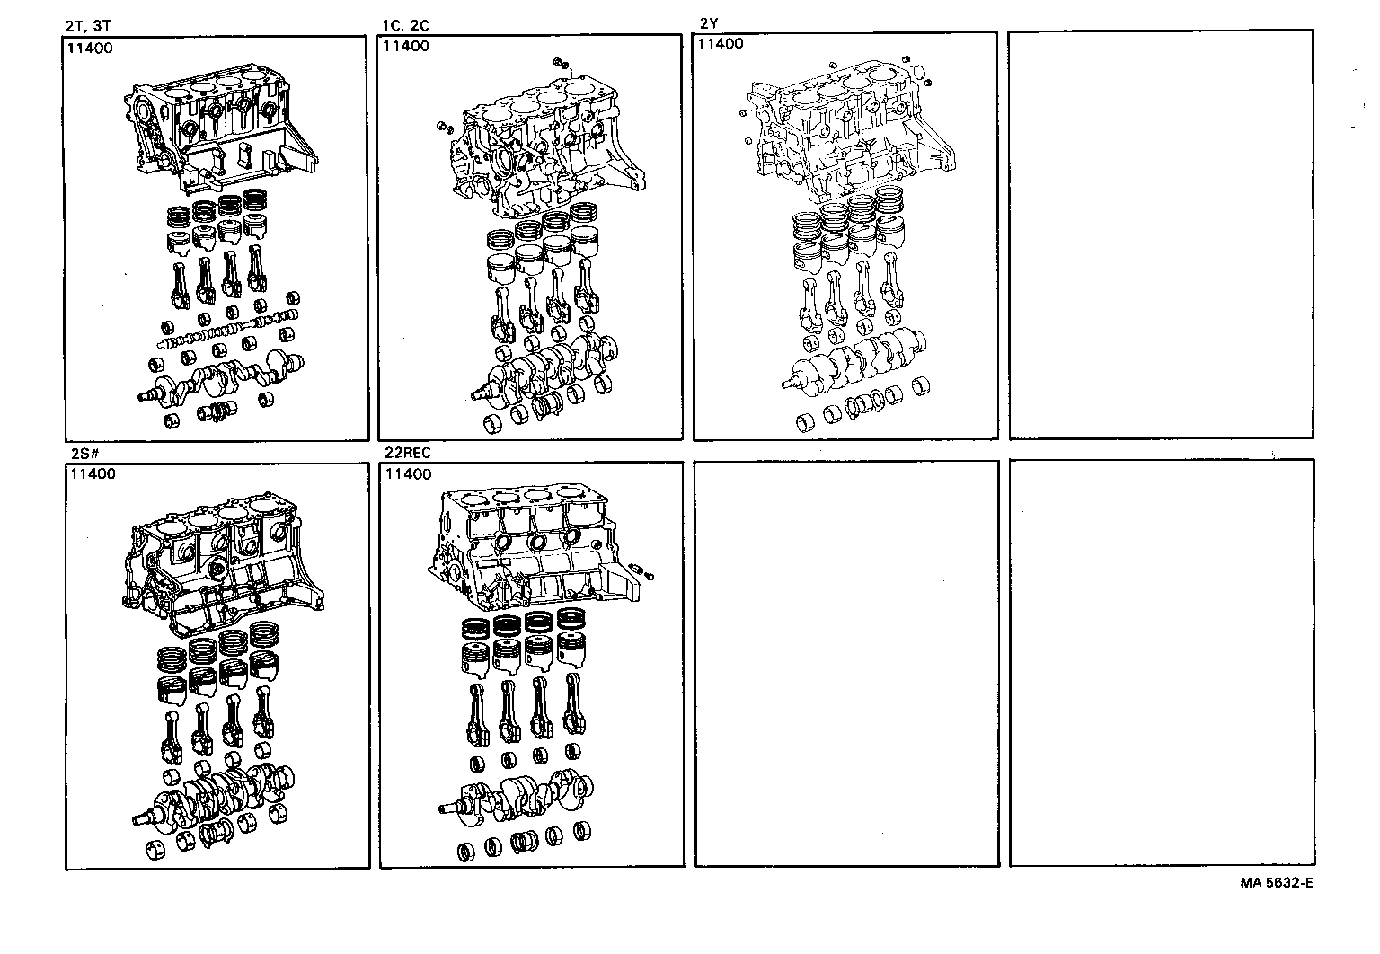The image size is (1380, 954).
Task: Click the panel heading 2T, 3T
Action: (88, 26)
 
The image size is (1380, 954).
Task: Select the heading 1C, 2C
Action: (405, 26)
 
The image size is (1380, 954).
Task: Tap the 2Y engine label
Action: (709, 23)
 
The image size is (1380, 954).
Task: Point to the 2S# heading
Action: (84, 454)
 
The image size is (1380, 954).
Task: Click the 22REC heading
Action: (407, 454)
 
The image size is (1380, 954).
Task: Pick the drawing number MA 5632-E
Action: (1276, 882)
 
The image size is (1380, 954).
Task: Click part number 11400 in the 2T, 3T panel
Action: (91, 49)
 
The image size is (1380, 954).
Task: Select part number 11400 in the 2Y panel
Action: (721, 44)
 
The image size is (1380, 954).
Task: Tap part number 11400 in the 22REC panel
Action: (407, 474)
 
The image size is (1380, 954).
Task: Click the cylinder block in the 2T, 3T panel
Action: (220, 135)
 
